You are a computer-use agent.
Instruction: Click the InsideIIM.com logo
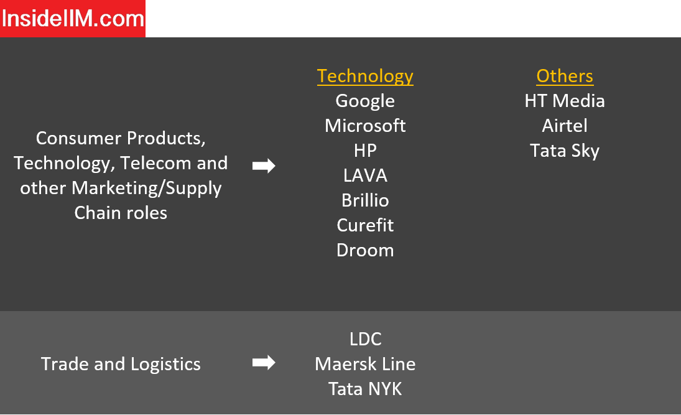click(x=73, y=19)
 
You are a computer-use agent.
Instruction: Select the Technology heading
click(x=365, y=77)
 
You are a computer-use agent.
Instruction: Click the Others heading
click(x=565, y=76)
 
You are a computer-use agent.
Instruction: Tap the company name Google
click(x=365, y=101)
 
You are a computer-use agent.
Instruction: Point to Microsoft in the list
click(x=365, y=126)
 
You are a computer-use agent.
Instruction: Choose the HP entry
click(x=365, y=151)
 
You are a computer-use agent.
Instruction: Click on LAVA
click(x=365, y=175)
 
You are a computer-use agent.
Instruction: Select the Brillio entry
click(x=365, y=200)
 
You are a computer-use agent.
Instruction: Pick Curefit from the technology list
click(x=365, y=225)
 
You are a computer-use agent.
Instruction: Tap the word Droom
click(x=365, y=250)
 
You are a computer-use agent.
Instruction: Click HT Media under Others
click(x=565, y=101)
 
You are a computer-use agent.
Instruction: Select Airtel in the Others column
click(x=565, y=126)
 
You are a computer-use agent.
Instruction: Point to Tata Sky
click(x=565, y=151)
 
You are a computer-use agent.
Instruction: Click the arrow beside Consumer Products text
click(x=264, y=166)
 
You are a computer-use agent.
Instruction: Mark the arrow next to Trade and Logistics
click(x=264, y=362)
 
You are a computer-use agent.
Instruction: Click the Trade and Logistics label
click(x=121, y=364)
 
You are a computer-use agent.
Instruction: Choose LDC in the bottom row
click(x=365, y=339)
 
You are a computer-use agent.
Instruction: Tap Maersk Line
click(x=365, y=364)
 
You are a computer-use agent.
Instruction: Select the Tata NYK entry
click(x=365, y=389)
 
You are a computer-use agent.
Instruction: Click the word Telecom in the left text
click(x=155, y=164)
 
